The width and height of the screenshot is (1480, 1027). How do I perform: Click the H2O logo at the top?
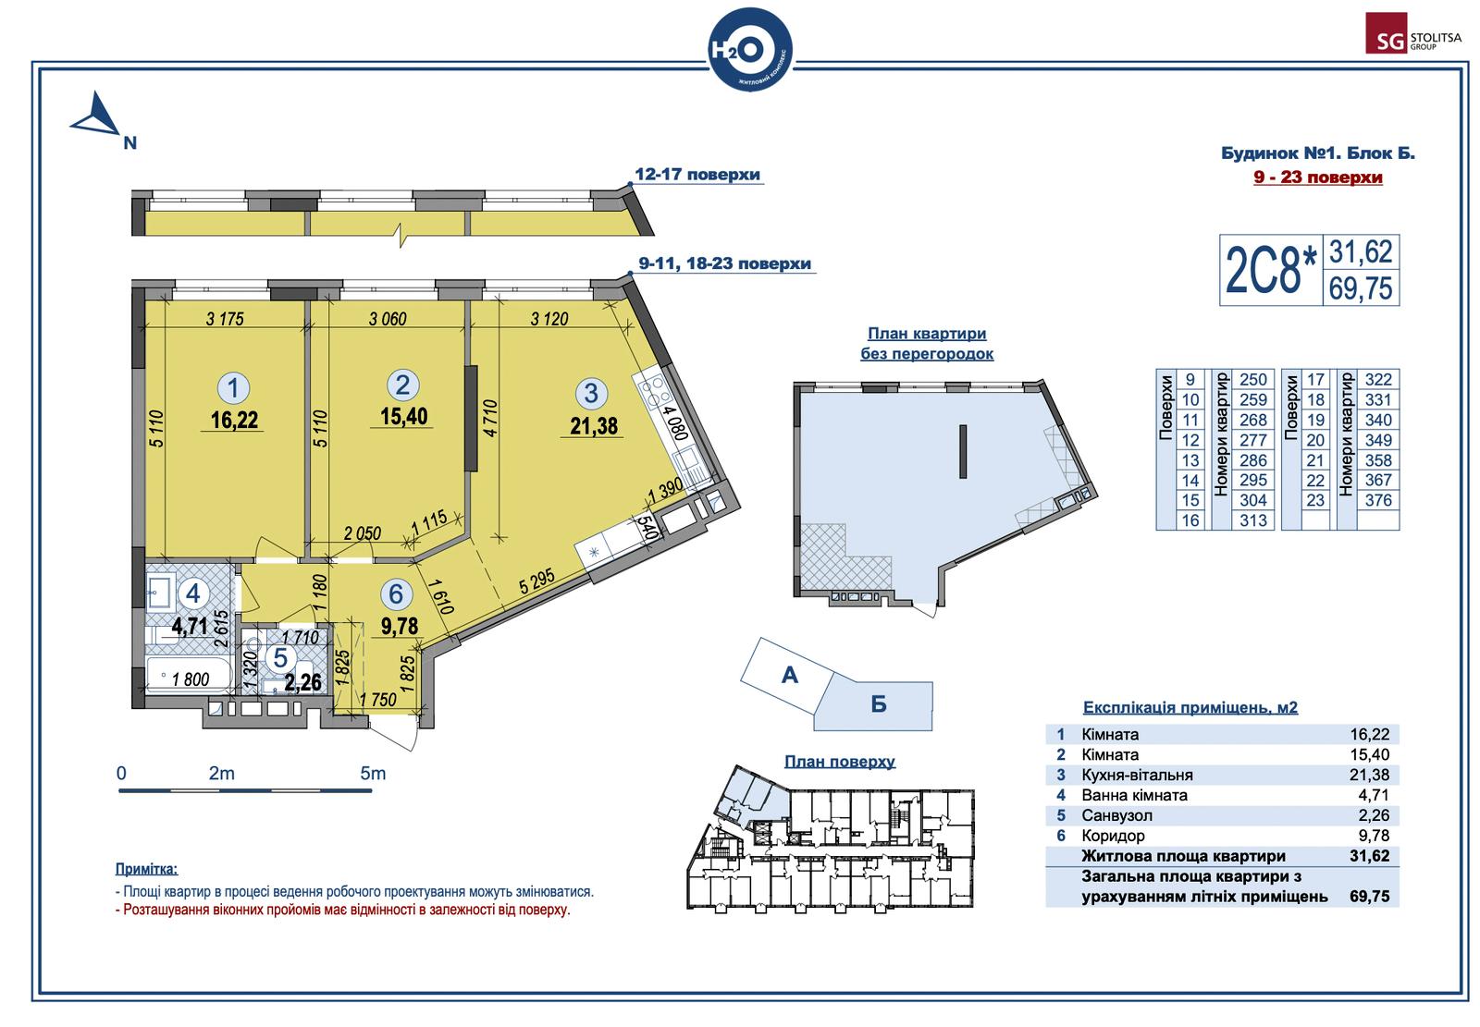750,50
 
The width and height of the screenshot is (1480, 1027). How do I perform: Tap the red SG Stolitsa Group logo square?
1387,33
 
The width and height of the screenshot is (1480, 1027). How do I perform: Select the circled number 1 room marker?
233,387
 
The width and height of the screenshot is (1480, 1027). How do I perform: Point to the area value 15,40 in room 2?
403,416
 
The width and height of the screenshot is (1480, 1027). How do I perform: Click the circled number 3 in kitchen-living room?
591,393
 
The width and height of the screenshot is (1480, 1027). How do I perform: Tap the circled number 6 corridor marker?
396,593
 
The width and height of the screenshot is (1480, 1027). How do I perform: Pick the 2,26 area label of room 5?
302,682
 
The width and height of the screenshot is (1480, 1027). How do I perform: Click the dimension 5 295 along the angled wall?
536,581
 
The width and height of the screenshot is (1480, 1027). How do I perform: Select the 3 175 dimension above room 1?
225,319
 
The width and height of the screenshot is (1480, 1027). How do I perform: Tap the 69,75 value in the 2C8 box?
1361,288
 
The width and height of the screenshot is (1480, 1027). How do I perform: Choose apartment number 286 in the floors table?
1252,460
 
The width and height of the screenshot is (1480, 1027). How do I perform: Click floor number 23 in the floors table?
1314,501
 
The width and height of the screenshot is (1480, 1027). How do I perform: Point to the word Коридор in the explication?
1113,836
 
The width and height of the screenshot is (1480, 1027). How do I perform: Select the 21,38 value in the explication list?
1369,775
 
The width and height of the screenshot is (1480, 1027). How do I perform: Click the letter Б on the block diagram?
878,704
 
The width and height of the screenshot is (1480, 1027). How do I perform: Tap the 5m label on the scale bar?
373,773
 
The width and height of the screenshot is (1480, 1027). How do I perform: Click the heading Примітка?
146,869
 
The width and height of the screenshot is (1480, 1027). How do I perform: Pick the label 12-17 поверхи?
697,175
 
